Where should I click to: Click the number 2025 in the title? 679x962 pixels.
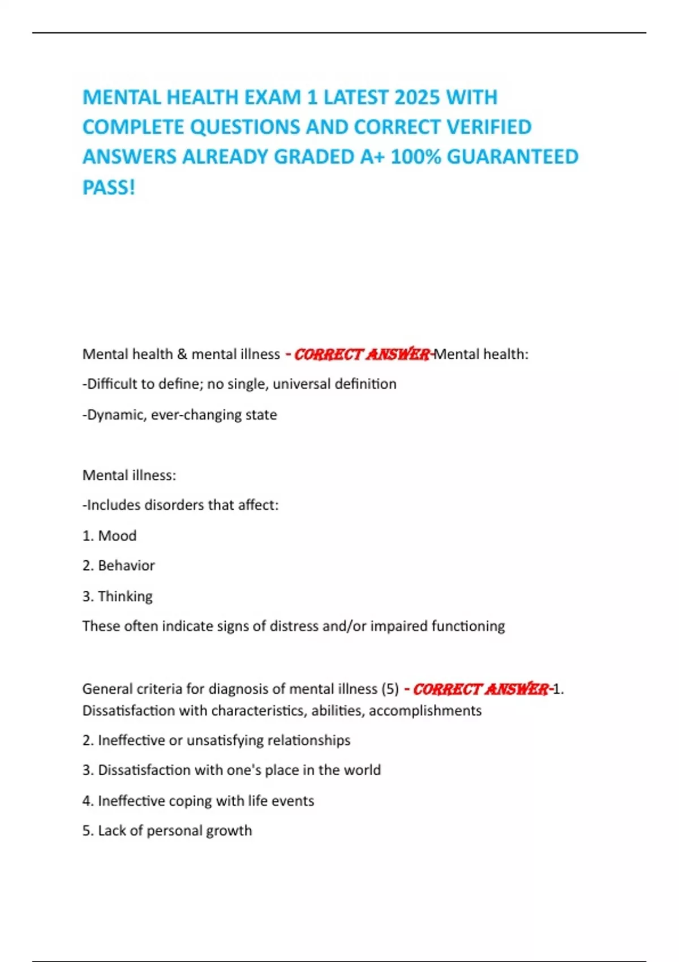[417, 97]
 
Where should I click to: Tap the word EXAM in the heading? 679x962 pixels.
[272, 97]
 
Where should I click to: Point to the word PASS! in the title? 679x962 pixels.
[109, 187]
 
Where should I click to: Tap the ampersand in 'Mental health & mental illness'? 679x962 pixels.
[182, 354]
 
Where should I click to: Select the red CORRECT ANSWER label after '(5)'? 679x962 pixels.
[481, 689]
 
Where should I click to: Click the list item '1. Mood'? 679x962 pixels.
[109, 535]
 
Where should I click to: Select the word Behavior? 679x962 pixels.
[126, 565]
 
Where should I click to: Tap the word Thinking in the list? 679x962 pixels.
[125, 596]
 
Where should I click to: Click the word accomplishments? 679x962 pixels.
[425, 711]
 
